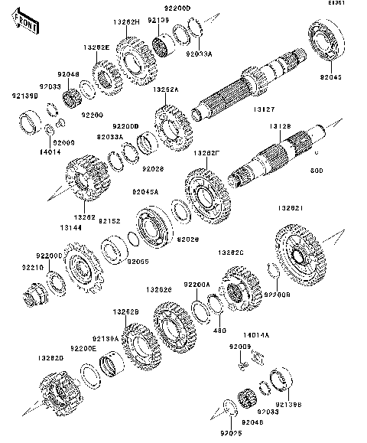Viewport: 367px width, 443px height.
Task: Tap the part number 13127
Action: [x=255, y=109]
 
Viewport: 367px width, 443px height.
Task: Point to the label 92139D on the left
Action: [x=22, y=96]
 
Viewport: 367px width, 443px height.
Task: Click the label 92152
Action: [x=111, y=220]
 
